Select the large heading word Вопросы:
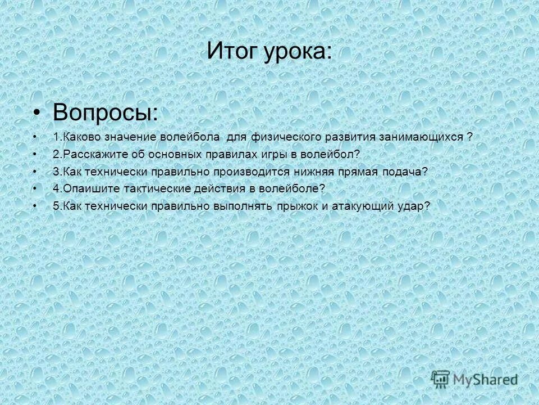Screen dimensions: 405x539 (105, 112)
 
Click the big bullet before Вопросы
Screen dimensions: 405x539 (37, 113)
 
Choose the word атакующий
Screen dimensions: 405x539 (359, 206)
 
